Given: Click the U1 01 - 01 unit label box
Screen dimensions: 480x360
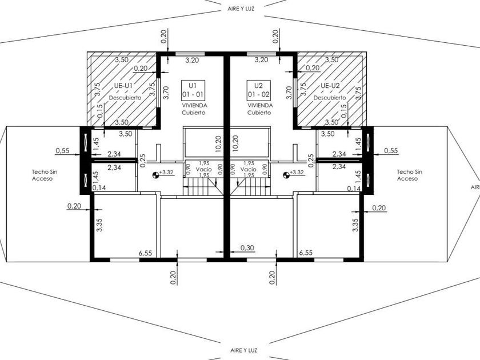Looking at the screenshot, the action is (x=193, y=90).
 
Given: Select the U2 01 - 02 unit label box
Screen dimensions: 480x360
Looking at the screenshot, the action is (x=259, y=90).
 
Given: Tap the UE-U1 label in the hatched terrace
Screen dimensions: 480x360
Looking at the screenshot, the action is (x=123, y=86).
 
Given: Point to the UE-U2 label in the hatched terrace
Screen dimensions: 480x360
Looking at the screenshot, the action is (x=330, y=86).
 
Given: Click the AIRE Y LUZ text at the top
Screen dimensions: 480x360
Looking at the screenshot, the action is (x=241, y=9).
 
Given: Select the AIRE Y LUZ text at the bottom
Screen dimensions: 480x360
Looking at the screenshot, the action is (x=244, y=350).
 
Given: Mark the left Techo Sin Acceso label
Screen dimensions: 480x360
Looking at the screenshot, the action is (x=45, y=175).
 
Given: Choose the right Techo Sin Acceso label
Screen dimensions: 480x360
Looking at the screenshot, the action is (x=410, y=175).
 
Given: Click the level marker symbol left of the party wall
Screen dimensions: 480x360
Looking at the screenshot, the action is (x=156, y=175).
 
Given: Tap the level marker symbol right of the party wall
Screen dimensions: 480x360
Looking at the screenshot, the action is (x=286, y=175).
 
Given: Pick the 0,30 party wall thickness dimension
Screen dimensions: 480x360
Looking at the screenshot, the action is (x=247, y=247).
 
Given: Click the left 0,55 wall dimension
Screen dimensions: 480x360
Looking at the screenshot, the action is (x=62, y=150).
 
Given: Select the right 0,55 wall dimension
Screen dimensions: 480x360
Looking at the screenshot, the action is (x=391, y=150).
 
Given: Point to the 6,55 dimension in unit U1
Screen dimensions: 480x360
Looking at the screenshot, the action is (x=145, y=253).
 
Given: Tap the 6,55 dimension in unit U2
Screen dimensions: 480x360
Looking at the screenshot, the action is (x=306, y=253).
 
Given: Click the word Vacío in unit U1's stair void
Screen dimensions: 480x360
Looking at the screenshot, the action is (x=204, y=169).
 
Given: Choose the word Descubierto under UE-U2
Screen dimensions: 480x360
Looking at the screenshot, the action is (x=330, y=98).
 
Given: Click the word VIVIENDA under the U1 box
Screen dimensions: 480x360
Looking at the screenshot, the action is (x=195, y=105).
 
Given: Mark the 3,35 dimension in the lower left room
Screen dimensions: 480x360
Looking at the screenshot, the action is (x=99, y=225).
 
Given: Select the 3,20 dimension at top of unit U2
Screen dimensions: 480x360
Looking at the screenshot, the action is (x=262, y=60).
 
